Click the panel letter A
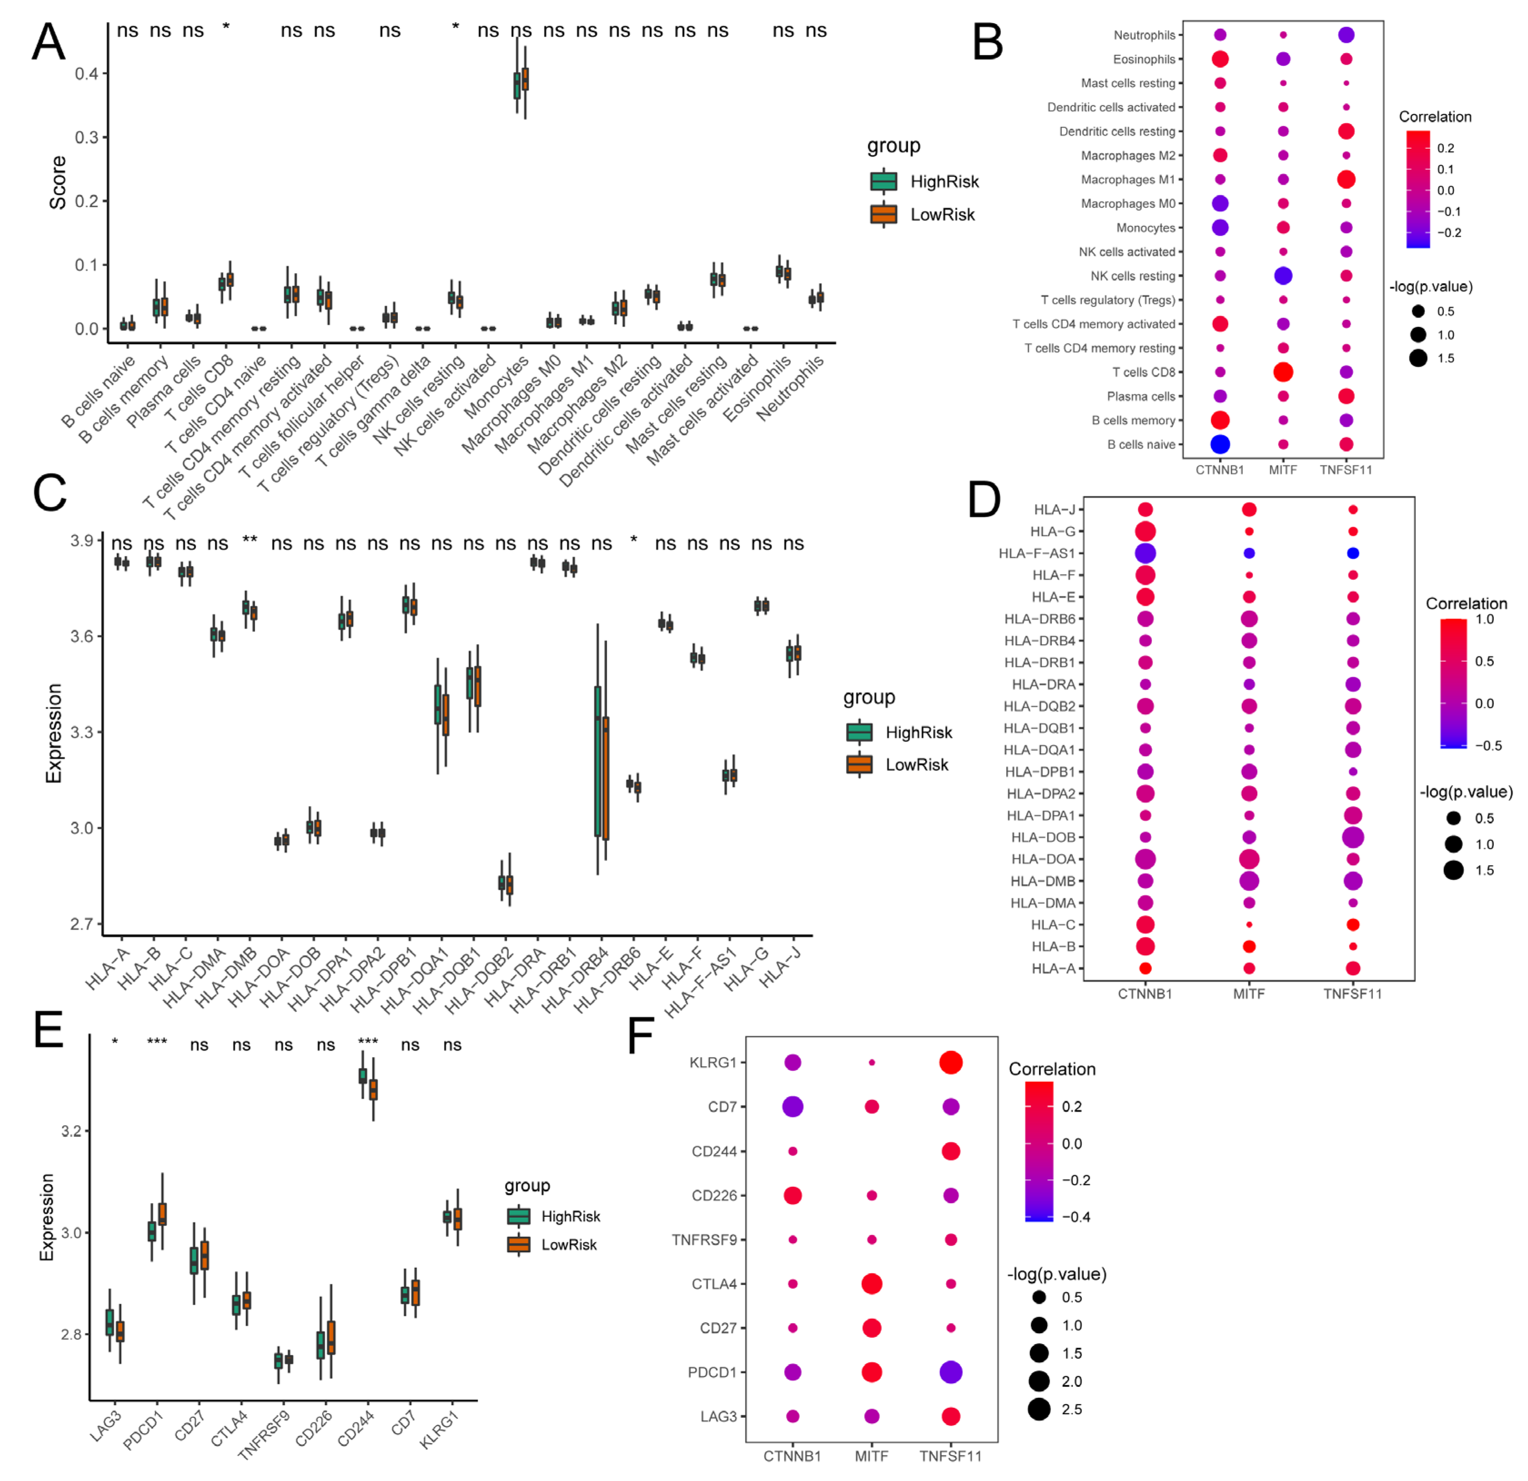[48, 42]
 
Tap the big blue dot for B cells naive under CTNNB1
[1220, 444]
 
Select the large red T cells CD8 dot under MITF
[1283, 372]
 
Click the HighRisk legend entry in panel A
[924, 181]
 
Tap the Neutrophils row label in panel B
[1144, 35]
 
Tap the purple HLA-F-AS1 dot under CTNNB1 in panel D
[1145, 553]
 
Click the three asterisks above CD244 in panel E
[368, 1043]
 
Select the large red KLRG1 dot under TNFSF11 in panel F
[950, 1062]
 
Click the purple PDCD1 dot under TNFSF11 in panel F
[950, 1372]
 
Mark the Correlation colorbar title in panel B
[1434, 117]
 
